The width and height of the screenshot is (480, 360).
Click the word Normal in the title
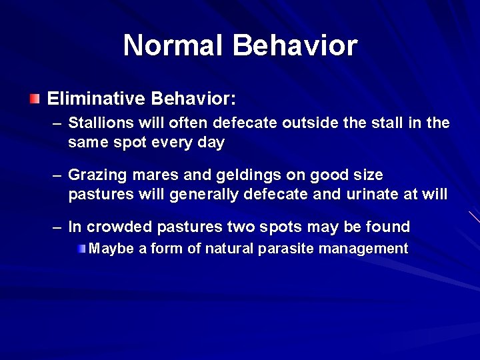coord(174,45)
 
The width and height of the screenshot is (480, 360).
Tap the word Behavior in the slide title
coord(295,45)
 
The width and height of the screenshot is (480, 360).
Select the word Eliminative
coord(96,99)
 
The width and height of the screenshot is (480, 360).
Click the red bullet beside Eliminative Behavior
coord(35,99)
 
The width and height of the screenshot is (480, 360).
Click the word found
coord(388,227)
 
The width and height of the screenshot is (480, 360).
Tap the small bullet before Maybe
coord(81,249)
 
